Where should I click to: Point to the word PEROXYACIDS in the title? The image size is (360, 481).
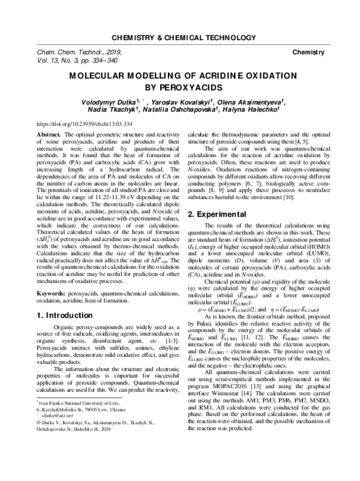[x=179, y=88]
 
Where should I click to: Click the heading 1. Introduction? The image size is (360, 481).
[x=65, y=297]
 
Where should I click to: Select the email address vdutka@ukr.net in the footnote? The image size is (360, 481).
[x=58, y=438]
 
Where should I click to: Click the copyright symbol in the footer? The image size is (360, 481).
[x=40, y=447]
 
